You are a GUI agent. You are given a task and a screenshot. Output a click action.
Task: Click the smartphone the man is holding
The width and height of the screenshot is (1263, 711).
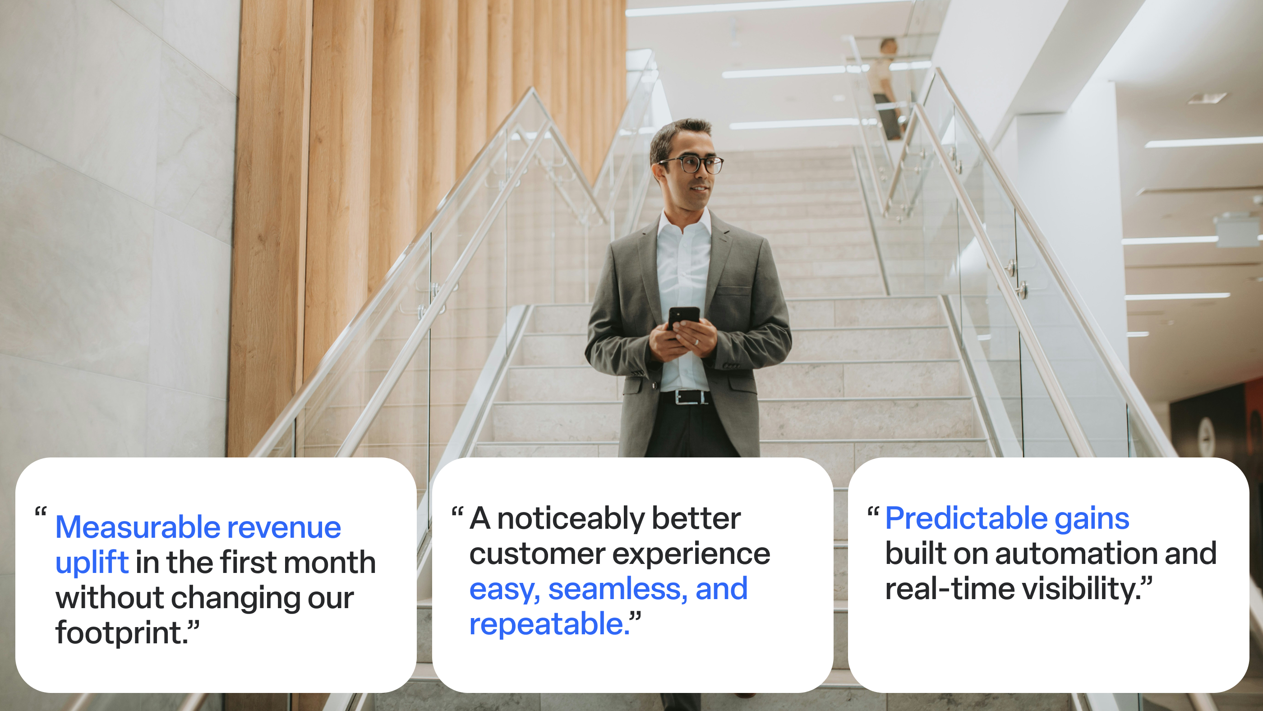point(683,319)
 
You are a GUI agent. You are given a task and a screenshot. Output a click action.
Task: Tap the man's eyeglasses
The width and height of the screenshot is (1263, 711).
point(692,165)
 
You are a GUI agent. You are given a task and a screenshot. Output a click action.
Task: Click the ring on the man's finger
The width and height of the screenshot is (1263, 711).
point(696,342)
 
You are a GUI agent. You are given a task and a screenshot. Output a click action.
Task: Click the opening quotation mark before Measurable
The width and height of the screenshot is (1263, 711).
point(41,512)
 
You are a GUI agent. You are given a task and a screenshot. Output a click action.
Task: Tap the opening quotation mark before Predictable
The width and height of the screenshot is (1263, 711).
point(873,512)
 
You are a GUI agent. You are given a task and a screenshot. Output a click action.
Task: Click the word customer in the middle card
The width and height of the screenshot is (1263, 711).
point(537,555)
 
